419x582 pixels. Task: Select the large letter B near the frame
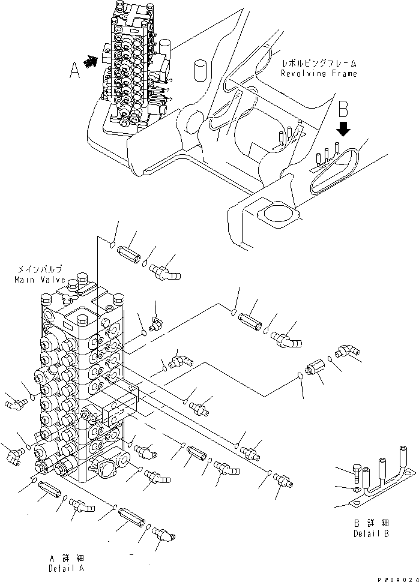pyautogui.click(x=343, y=109)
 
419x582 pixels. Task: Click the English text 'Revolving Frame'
pyautogui.click(x=319, y=73)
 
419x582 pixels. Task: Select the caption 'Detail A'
pyautogui.click(x=67, y=568)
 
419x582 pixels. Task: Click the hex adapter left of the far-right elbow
pyautogui.click(x=316, y=367)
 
